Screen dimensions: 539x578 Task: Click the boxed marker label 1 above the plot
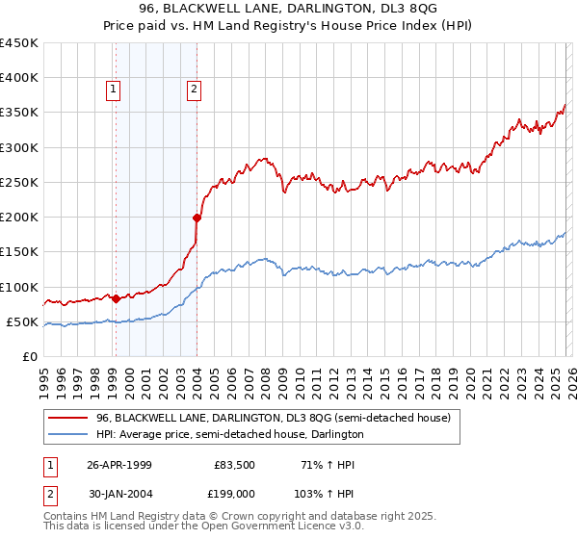(x=114, y=90)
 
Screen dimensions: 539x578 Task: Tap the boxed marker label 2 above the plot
(x=194, y=90)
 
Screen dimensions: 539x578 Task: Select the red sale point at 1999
(x=116, y=298)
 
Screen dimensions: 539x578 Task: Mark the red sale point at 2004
(x=197, y=218)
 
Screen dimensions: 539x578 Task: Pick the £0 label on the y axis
(x=29, y=356)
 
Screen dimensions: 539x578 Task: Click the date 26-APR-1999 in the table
(x=118, y=465)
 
